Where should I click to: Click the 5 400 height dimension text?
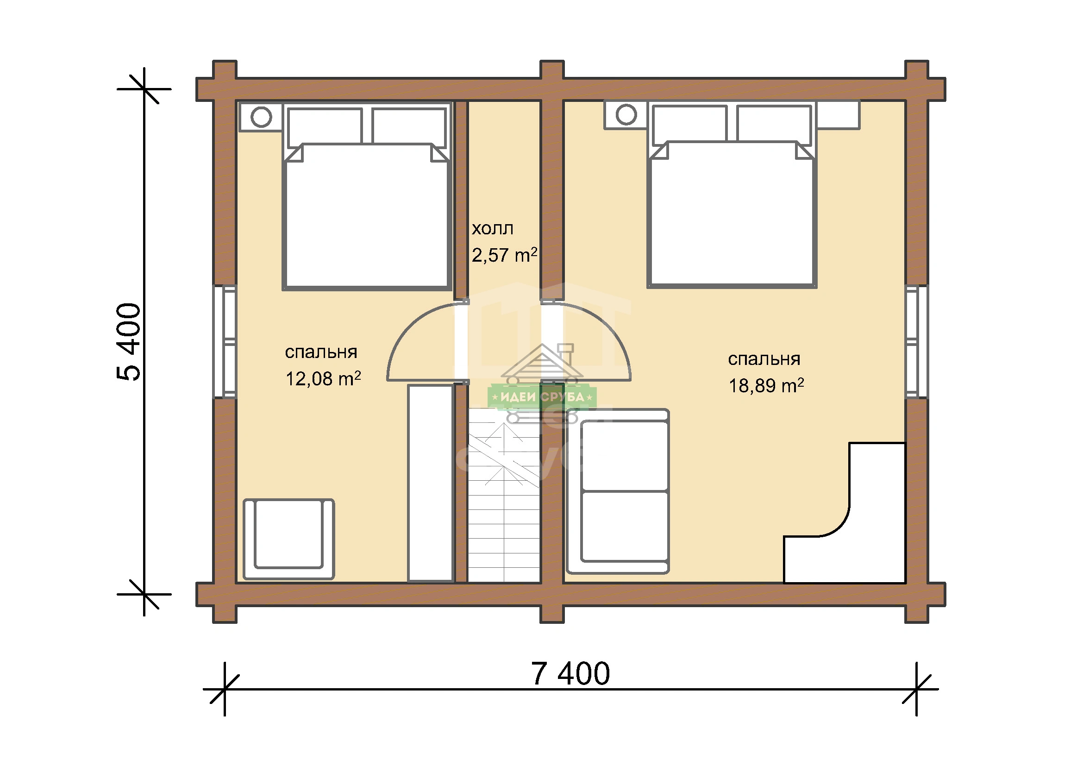(129, 341)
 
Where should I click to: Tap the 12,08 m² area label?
(323, 378)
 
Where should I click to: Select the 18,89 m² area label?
(766, 385)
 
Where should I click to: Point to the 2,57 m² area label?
(504, 255)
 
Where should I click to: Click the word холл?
(493, 228)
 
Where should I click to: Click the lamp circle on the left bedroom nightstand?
(261, 117)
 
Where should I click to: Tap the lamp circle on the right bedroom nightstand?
(626, 114)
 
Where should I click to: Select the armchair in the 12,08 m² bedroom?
(288, 539)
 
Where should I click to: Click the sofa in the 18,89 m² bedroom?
(618, 491)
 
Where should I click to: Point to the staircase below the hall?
(504, 495)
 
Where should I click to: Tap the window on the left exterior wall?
(225, 341)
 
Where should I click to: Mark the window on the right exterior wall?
(916, 341)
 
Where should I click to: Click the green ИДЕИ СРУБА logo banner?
(542, 397)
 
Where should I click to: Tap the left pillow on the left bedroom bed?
(325, 126)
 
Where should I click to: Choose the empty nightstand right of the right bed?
(838, 114)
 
